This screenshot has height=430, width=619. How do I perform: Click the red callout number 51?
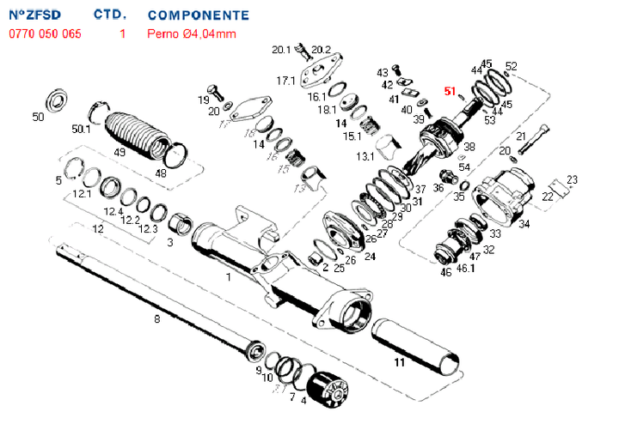pos(450,91)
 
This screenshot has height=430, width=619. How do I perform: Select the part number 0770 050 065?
pos(46,34)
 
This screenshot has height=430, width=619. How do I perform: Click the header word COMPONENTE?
pos(199,15)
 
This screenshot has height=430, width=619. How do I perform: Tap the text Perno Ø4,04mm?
pos(192,34)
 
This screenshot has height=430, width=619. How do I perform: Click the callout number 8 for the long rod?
pos(156,319)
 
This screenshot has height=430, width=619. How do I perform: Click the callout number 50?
pos(37,117)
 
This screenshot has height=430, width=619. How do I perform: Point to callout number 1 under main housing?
pos(228,277)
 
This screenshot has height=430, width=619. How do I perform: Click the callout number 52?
pos(512,66)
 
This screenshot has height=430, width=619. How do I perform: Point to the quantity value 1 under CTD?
pos(122,34)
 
